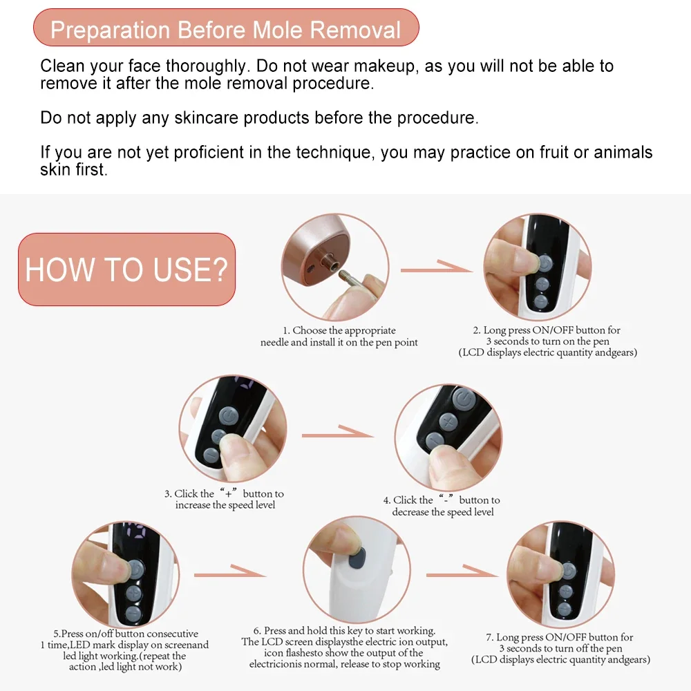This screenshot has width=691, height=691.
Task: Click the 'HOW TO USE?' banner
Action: (127, 269)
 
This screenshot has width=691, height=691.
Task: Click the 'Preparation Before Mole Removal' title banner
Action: (226, 28)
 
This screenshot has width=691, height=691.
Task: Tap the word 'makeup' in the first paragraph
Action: (384, 66)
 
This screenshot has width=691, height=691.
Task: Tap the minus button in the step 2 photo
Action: (541, 302)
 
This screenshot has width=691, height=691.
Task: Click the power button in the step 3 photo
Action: (229, 416)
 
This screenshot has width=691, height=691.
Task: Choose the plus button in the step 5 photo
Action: (134, 593)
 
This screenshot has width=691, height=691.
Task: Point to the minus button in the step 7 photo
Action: (565, 609)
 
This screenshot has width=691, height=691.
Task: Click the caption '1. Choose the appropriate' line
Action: (339, 330)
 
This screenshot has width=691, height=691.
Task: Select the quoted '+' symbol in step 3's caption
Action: (228, 493)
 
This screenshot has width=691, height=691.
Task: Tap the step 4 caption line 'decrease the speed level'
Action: (443, 512)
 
